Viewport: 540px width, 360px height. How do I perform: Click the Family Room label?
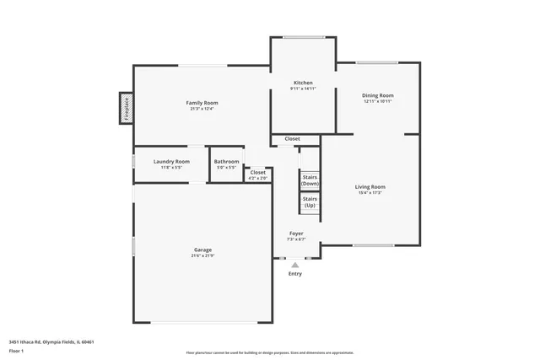202,103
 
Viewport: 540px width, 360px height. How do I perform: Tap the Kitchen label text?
302,83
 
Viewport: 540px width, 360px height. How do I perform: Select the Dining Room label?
378,96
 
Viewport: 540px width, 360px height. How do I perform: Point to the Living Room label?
370,186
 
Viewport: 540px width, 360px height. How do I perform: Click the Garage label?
202,250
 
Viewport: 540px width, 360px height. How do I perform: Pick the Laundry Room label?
171,161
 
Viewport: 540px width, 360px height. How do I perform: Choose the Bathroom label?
226,161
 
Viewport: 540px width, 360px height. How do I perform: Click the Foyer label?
296,234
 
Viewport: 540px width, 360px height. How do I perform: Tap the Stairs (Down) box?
310,179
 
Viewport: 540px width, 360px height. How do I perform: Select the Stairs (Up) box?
310,202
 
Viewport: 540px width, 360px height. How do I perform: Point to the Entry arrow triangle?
295,264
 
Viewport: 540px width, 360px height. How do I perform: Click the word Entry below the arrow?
295,273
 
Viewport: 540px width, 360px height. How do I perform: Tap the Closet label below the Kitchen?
292,138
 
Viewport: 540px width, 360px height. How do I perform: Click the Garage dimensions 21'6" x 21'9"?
202,255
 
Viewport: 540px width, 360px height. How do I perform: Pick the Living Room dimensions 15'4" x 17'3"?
370,193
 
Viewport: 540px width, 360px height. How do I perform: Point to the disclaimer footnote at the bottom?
270,352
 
